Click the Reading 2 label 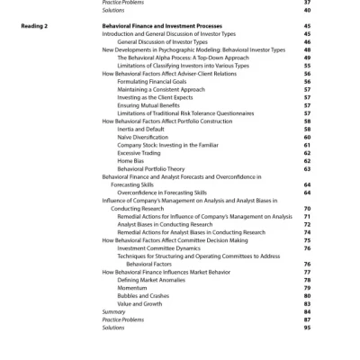pyautogui.click(x=34, y=28)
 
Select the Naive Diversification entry pyautogui.click(x=142, y=137)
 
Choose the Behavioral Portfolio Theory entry pyautogui.click(x=150, y=168)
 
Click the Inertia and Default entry pyautogui.click(x=140, y=130)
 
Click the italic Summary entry pyautogui.click(x=113, y=311)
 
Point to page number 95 pyautogui.click(x=307, y=328)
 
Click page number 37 pyautogui.click(x=307, y=3)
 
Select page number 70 pyautogui.click(x=307, y=208)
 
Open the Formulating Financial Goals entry pyautogui.click(x=152, y=82)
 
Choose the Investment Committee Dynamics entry pyautogui.click(x=159, y=247)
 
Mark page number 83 pyautogui.click(x=307, y=303)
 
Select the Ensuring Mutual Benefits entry pyautogui.click(x=148, y=105)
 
